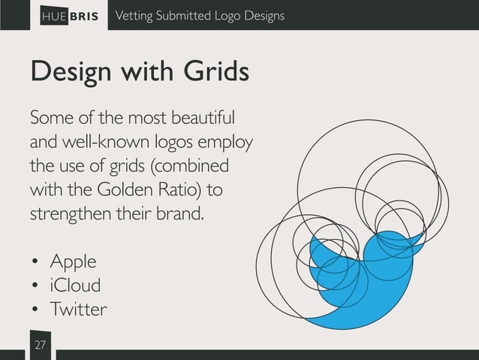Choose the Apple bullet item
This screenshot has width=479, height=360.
click(x=73, y=262)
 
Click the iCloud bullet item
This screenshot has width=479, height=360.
click(x=75, y=286)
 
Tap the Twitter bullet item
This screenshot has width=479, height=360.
click(x=78, y=309)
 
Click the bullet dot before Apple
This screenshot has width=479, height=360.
click(x=35, y=263)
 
